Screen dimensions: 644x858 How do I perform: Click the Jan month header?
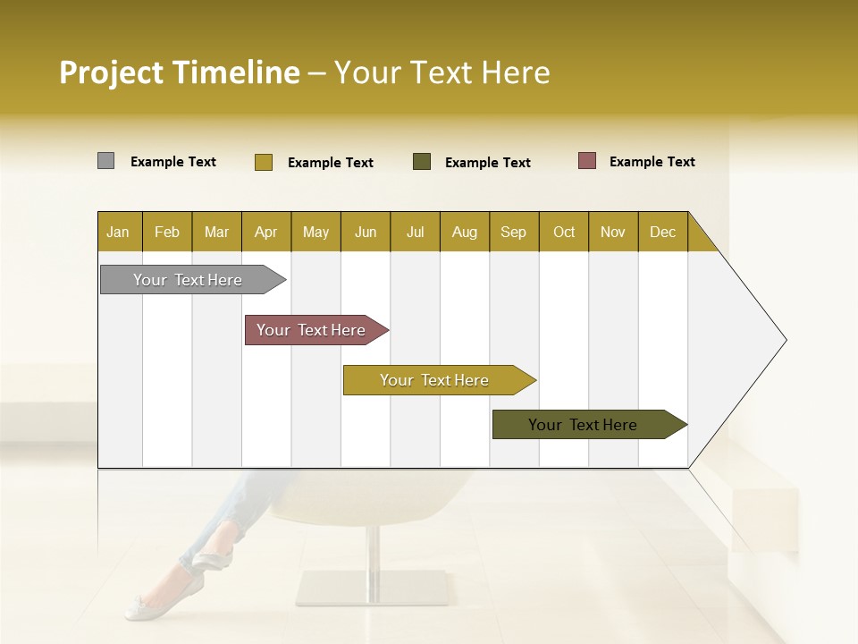pos(119,232)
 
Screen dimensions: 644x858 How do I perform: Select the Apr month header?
pos(266,232)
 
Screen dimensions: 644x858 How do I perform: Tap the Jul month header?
pos(415,232)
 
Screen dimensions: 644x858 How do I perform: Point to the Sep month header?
pos(514,232)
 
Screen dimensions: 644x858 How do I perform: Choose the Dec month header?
pos(663,232)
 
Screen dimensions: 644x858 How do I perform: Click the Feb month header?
pos(167,232)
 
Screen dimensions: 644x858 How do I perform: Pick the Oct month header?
pos(564,232)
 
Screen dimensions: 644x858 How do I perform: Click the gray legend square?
pos(105,161)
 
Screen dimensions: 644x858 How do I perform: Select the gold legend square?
pos(263,162)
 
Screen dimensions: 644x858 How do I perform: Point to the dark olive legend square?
pos(422,162)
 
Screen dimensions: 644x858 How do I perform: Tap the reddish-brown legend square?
pos(586,161)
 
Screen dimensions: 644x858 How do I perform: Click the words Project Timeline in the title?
pos(179,72)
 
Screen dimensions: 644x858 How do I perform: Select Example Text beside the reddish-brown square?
pos(652,162)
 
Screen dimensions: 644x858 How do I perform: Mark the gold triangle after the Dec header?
pos(700,238)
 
